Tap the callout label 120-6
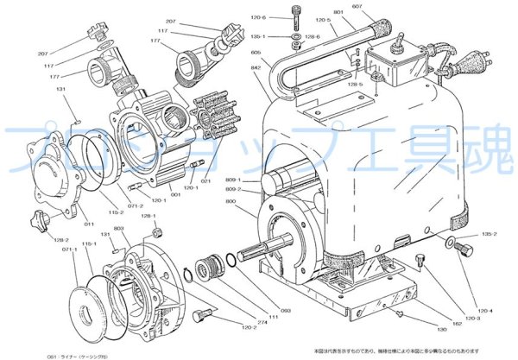tap(282, 16)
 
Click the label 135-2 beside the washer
tap(490, 234)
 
